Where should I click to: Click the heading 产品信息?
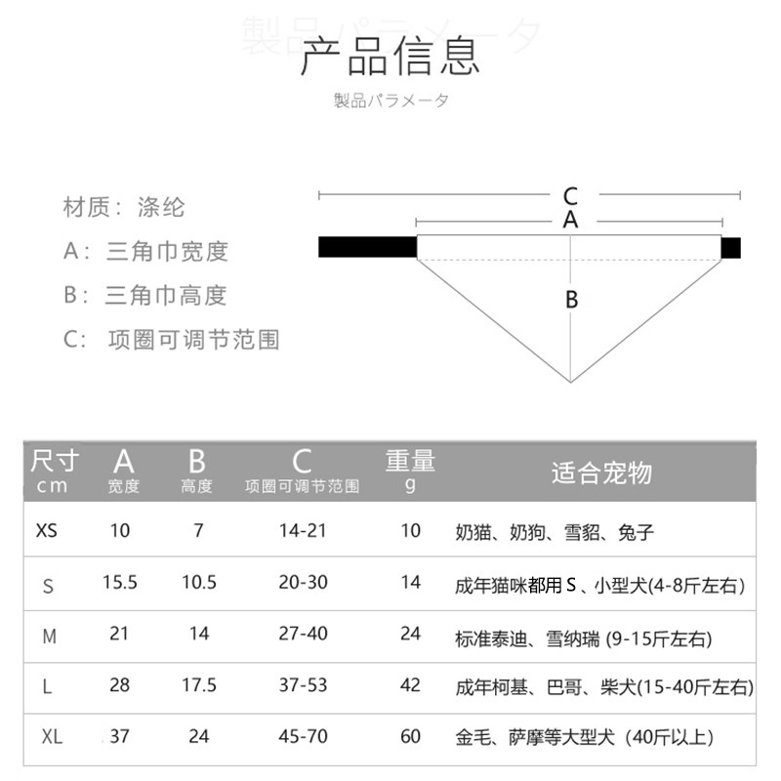390,57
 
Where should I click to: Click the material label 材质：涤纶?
124,207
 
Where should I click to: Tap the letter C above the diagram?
571,196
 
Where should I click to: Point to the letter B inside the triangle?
572,300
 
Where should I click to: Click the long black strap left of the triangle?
367,247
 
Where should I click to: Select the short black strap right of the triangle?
731,247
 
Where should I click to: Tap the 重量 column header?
410,461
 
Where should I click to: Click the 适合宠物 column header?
601,474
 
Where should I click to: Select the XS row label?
47,532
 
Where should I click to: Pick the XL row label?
52,737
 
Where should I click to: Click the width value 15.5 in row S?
120,583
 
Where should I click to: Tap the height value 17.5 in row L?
199,685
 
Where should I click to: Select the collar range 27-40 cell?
303,635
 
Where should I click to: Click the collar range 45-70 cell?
303,736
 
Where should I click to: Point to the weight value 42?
411,685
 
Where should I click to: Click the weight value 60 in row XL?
411,736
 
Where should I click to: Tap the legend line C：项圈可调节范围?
173,339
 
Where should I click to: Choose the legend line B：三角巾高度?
145,295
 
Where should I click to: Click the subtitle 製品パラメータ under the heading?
390,102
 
